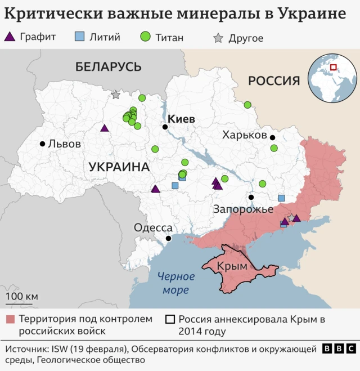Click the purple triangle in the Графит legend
(x=10, y=37)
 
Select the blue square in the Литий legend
(x=79, y=37)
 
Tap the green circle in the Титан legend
(x=145, y=37)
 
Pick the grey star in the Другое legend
(x=218, y=38)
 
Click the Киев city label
(x=181, y=119)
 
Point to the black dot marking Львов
(x=42, y=144)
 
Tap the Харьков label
(x=244, y=135)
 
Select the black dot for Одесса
(x=168, y=239)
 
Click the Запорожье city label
(x=242, y=209)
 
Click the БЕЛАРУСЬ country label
(x=108, y=66)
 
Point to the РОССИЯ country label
(x=274, y=81)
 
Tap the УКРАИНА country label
(x=119, y=167)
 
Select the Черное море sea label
(x=176, y=283)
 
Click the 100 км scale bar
(x=22, y=301)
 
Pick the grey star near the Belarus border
(x=115, y=95)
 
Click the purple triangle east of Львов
(x=104, y=128)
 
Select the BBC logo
(x=339, y=349)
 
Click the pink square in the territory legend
(x=10, y=319)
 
